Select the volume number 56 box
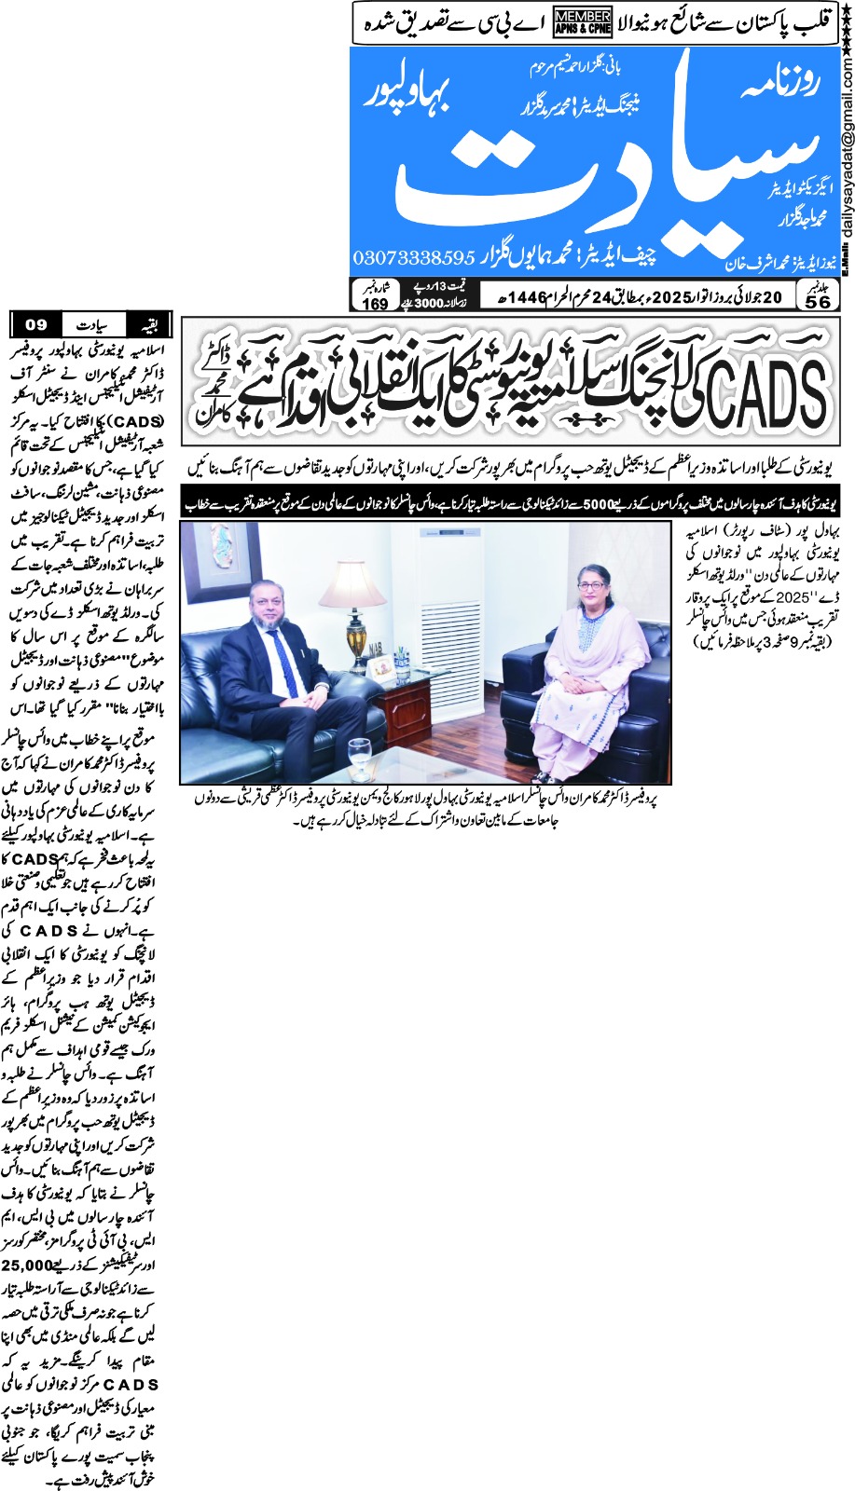tap(818, 296)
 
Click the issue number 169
tap(375, 298)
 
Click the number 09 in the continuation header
tap(36, 325)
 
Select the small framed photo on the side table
tap(381, 667)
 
